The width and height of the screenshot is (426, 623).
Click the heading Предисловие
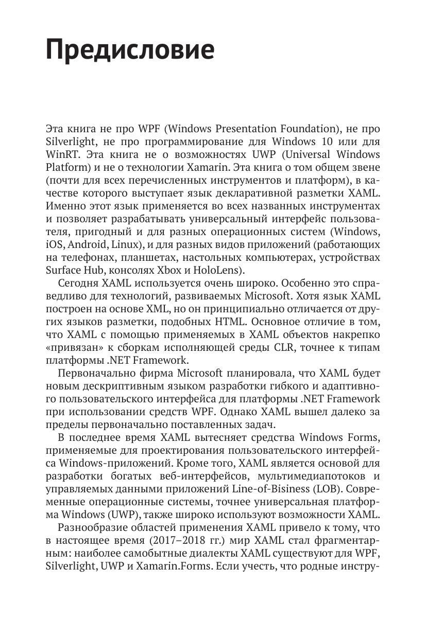[130, 50]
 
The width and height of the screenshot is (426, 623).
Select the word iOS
[53, 244]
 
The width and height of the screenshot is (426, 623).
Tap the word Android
[83, 244]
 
